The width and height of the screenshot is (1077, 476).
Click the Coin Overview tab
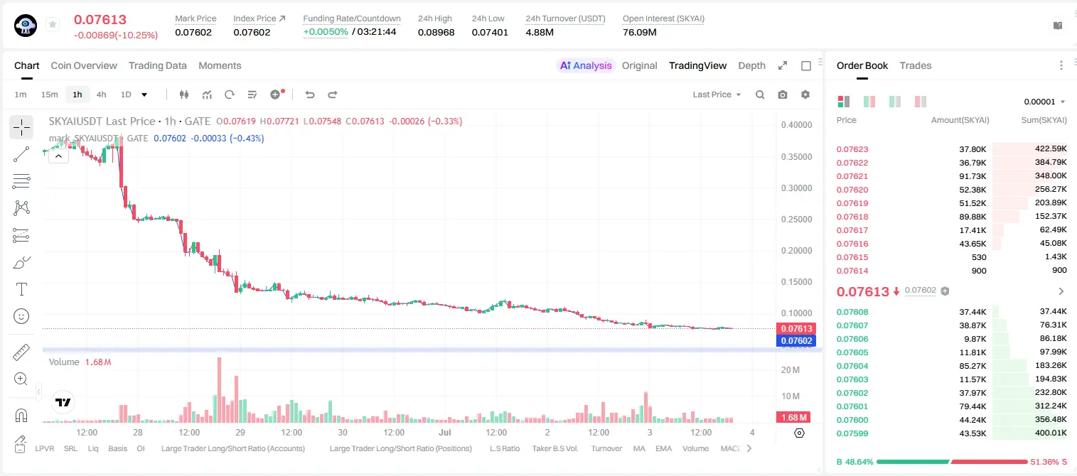click(x=84, y=65)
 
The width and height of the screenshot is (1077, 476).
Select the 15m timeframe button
click(x=49, y=94)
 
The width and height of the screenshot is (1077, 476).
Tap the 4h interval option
click(x=101, y=94)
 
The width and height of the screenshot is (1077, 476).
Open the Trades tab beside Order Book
click(x=916, y=65)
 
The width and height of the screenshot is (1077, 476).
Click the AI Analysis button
click(x=586, y=65)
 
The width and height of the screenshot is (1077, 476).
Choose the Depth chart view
click(x=751, y=65)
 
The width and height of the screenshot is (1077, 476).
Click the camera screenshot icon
click(x=783, y=94)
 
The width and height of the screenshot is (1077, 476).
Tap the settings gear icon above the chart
click(x=805, y=94)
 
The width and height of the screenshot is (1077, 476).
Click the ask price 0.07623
click(x=852, y=149)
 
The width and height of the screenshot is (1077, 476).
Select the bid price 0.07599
click(x=852, y=433)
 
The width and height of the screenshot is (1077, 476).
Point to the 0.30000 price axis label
click(x=797, y=188)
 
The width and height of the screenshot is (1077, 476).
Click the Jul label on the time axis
click(x=445, y=432)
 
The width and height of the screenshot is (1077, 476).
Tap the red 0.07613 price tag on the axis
click(x=796, y=328)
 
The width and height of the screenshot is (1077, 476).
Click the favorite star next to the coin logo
click(x=53, y=24)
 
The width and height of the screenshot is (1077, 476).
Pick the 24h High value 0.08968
click(x=436, y=32)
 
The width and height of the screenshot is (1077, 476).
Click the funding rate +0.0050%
click(x=326, y=32)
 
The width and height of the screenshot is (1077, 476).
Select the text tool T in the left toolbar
click(x=21, y=289)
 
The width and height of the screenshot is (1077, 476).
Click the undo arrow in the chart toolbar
click(x=310, y=94)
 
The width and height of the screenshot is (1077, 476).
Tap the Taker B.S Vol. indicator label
click(x=554, y=448)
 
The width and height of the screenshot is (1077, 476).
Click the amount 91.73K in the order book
click(x=972, y=176)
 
